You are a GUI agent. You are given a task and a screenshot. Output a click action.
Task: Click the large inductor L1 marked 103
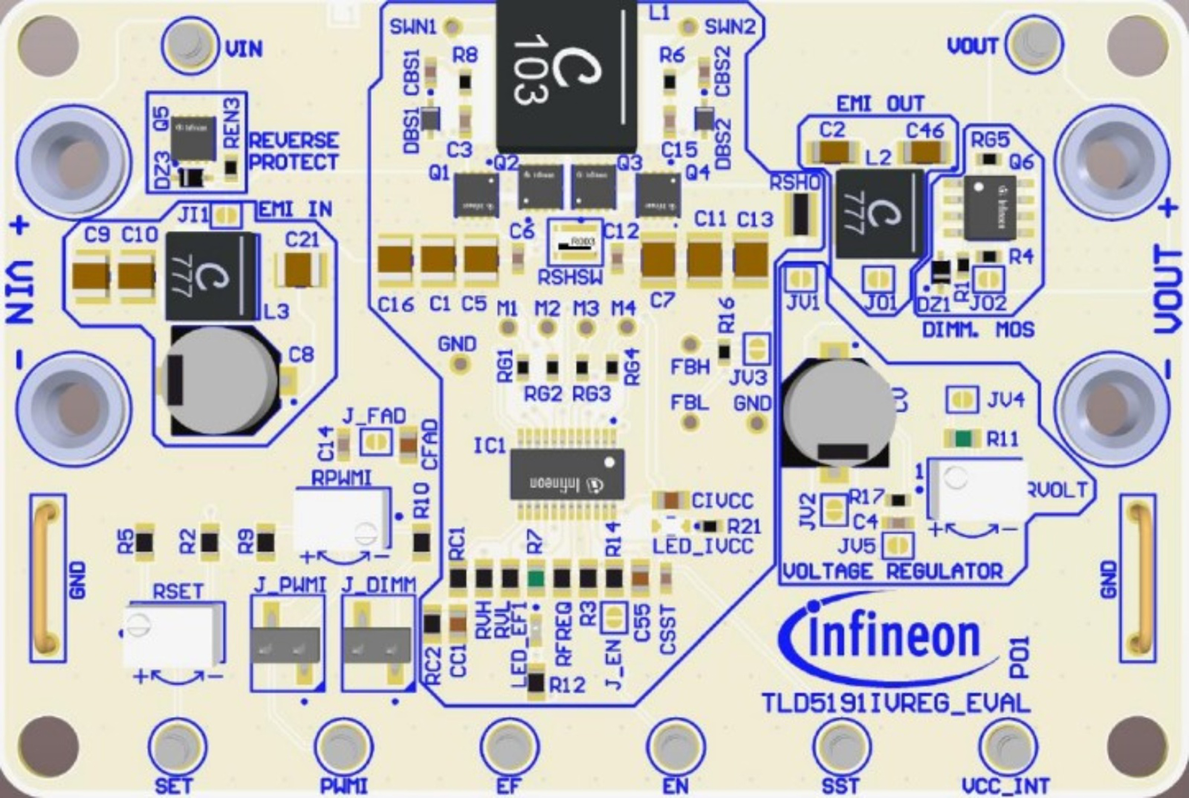(x=565, y=76)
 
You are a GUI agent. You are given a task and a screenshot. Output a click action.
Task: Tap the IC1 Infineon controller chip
(x=567, y=474)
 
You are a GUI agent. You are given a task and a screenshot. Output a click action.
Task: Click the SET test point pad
(x=177, y=747)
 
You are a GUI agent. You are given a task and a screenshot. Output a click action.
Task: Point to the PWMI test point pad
(x=343, y=747)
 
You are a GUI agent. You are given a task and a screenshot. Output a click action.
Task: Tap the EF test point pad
(x=509, y=747)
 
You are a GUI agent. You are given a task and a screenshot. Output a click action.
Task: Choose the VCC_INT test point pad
(x=1007, y=747)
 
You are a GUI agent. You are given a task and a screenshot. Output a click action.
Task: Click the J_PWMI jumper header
(x=287, y=644)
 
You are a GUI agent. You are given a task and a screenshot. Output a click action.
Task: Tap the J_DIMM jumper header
(x=377, y=644)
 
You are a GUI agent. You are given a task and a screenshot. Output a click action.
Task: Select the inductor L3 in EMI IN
(x=210, y=276)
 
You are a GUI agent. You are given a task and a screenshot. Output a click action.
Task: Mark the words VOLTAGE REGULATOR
(x=891, y=571)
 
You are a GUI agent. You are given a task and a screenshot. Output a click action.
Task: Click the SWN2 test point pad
(x=689, y=26)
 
